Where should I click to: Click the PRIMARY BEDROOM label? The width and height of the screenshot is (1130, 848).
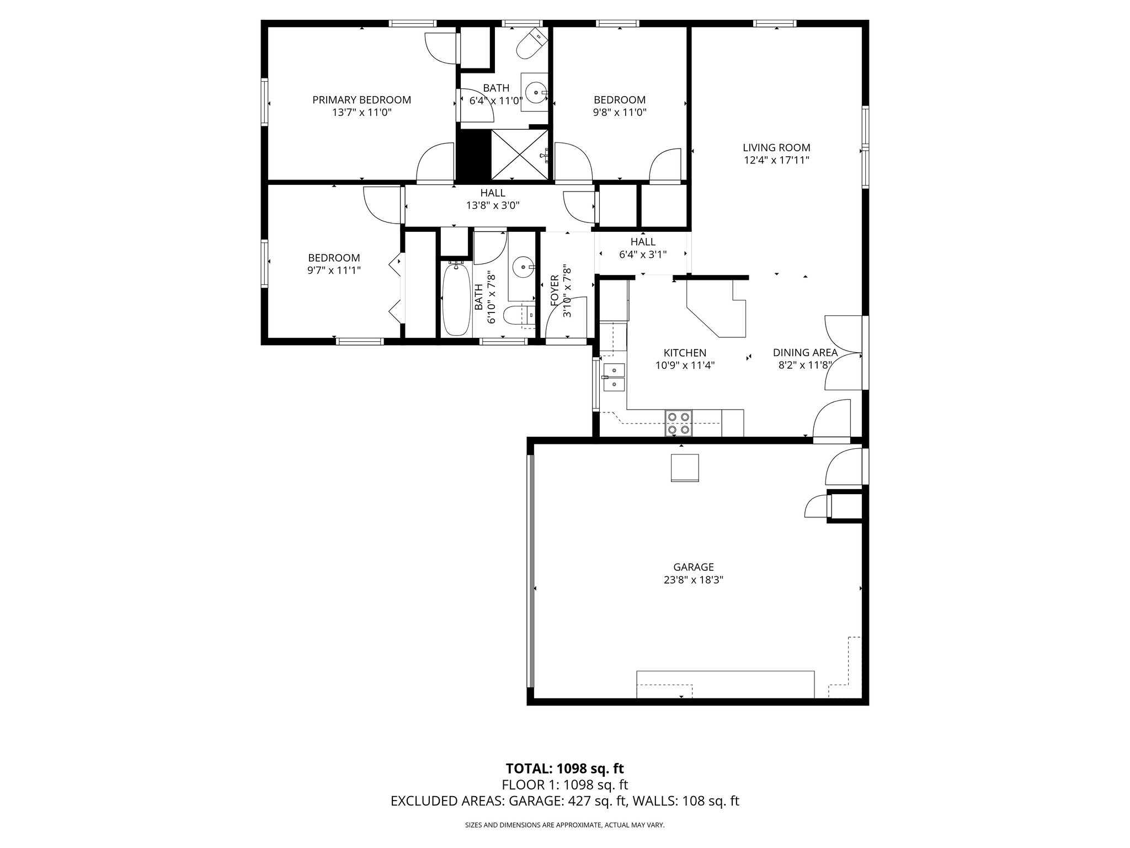(361, 100)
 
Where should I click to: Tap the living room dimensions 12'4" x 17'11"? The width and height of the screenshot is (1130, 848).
(776, 161)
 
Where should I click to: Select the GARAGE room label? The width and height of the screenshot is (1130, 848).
(693, 567)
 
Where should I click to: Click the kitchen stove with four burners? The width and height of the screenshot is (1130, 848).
(679, 423)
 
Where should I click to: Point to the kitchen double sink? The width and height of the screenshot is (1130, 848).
(614, 377)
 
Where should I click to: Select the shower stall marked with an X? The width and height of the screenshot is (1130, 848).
(519, 155)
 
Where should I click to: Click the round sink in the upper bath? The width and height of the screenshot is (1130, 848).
(535, 93)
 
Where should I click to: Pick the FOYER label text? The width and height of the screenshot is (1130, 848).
(555, 290)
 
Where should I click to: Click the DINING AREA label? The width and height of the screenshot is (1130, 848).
(805, 352)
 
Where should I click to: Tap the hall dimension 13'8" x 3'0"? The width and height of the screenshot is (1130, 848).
(493, 205)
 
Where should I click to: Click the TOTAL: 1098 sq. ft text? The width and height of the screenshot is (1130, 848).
(564, 768)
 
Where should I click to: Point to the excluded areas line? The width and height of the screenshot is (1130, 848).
(564, 801)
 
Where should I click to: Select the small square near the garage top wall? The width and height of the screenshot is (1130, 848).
(684, 468)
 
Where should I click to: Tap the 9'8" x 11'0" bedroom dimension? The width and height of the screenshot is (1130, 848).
(620, 113)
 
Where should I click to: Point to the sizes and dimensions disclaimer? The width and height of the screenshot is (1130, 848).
(564, 825)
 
